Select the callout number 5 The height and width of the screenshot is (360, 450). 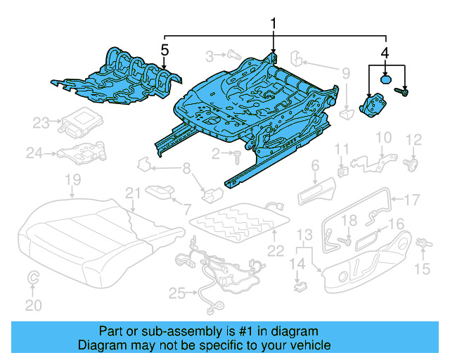click(x=165, y=50)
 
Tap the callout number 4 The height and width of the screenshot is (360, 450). click(x=385, y=52)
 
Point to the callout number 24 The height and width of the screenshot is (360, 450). click(x=34, y=153)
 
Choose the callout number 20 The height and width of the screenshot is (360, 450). click(x=34, y=304)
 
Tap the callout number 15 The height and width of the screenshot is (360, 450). click(x=422, y=268)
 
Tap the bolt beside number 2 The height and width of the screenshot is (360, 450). click(x=238, y=152)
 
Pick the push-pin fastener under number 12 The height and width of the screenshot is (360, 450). click(x=412, y=165)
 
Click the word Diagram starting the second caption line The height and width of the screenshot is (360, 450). click(x=102, y=345)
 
